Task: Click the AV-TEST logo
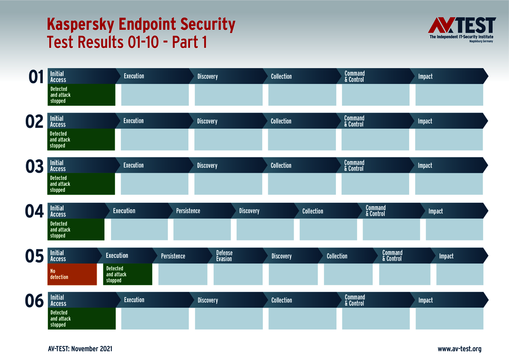[x=462, y=29]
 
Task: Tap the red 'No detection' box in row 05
[x=72, y=274]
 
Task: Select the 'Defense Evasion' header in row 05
[x=238, y=256]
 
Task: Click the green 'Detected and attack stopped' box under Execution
[x=127, y=274]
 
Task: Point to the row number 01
[x=36, y=77]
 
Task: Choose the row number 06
[x=34, y=301]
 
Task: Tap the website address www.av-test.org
[x=459, y=349]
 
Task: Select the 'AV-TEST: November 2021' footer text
[x=80, y=349]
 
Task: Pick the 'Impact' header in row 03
[x=448, y=166]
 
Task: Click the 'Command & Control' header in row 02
[x=373, y=121]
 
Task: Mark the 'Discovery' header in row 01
[x=226, y=76]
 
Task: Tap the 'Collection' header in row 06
[x=300, y=300]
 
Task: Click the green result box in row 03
[x=81, y=184]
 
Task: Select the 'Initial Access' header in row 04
[x=76, y=211]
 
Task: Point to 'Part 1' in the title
[x=189, y=42]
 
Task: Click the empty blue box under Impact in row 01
[x=449, y=95]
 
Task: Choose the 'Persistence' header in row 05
[x=183, y=256]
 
